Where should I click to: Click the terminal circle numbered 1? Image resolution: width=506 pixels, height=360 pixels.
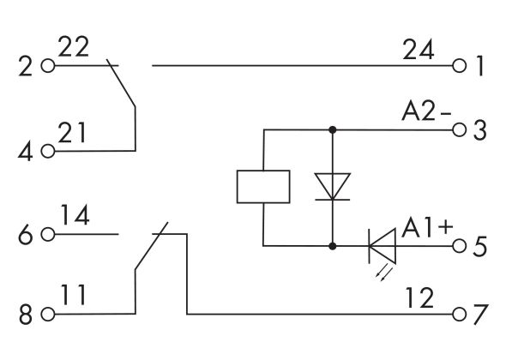(461, 65)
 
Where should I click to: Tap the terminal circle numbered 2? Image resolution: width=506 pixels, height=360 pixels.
(47, 65)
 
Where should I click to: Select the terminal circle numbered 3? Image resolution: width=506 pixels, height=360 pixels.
(461, 130)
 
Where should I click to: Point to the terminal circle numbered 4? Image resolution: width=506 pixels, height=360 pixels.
(47, 152)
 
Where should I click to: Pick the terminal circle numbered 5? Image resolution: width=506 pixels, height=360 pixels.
(461, 246)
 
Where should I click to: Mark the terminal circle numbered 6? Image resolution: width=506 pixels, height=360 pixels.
(47, 233)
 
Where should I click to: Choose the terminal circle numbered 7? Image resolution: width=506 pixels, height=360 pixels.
(461, 314)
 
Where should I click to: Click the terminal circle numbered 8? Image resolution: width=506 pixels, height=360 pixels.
(47, 314)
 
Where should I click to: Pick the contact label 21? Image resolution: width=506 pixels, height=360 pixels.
(73, 133)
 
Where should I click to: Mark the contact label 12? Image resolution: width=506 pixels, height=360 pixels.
(420, 296)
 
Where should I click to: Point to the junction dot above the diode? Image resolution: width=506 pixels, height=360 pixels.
(332, 130)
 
